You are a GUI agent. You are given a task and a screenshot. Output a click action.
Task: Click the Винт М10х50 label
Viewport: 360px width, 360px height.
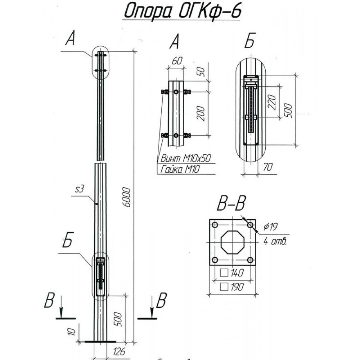tap(186, 158)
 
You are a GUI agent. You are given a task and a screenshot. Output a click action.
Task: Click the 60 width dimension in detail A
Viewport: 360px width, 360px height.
tap(176, 61)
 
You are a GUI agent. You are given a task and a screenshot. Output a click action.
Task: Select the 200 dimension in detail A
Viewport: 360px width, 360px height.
tap(202, 113)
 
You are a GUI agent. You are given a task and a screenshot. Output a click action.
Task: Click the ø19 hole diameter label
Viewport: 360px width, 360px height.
tap(271, 227)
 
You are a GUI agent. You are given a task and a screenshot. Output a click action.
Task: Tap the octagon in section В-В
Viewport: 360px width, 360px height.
tap(233, 242)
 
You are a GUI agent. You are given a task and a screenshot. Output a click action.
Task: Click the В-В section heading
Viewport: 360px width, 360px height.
tap(231, 204)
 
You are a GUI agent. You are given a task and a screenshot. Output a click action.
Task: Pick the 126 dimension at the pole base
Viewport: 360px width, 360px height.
tap(117, 352)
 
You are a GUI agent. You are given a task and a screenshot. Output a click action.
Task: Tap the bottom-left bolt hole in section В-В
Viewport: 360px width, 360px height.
tap(215, 260)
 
